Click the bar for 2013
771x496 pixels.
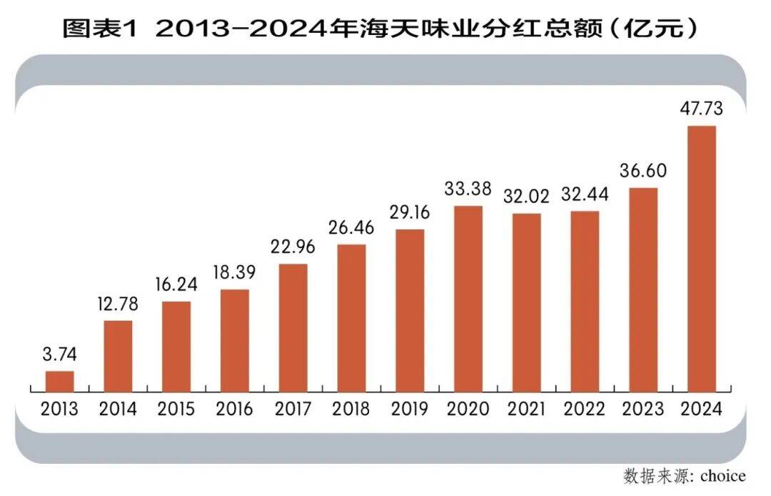[60, 382]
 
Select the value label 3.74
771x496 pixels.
[60, 354]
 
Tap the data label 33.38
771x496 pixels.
[468, 189]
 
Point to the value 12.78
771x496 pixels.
[119, 304]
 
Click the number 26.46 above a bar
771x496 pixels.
[351, 228]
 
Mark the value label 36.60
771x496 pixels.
[642, 171]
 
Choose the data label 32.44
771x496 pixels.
[585, 194]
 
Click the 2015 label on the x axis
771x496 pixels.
[176, 410]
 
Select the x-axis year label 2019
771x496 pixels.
[410, 410]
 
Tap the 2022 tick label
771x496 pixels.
[585, 410]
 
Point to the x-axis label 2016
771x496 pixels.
[235, 410]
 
